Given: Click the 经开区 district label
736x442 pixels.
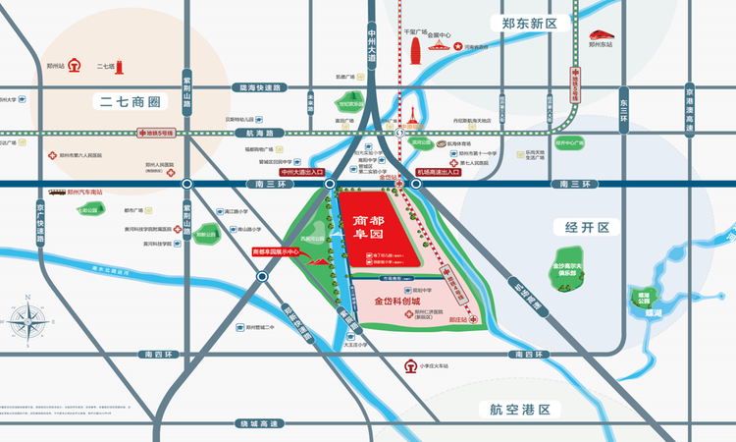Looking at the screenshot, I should point(587,227).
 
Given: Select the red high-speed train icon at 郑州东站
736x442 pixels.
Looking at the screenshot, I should point(602,29).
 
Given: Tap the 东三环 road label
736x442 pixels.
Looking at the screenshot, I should point(622,101).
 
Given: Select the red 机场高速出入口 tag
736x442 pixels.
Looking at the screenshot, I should point(438,172).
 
